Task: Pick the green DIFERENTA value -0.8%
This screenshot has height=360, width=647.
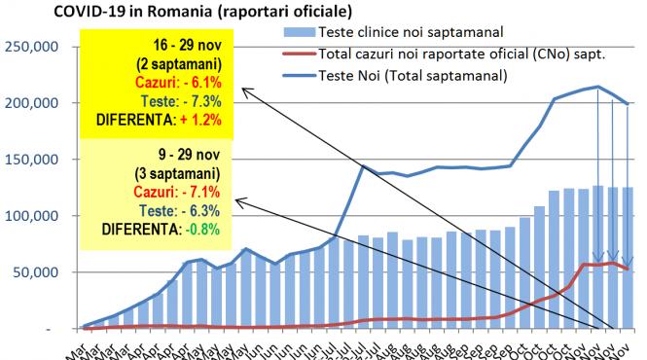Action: click(x=198, y=229)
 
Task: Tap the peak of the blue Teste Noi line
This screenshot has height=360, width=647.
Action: click(x=596, y=87)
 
